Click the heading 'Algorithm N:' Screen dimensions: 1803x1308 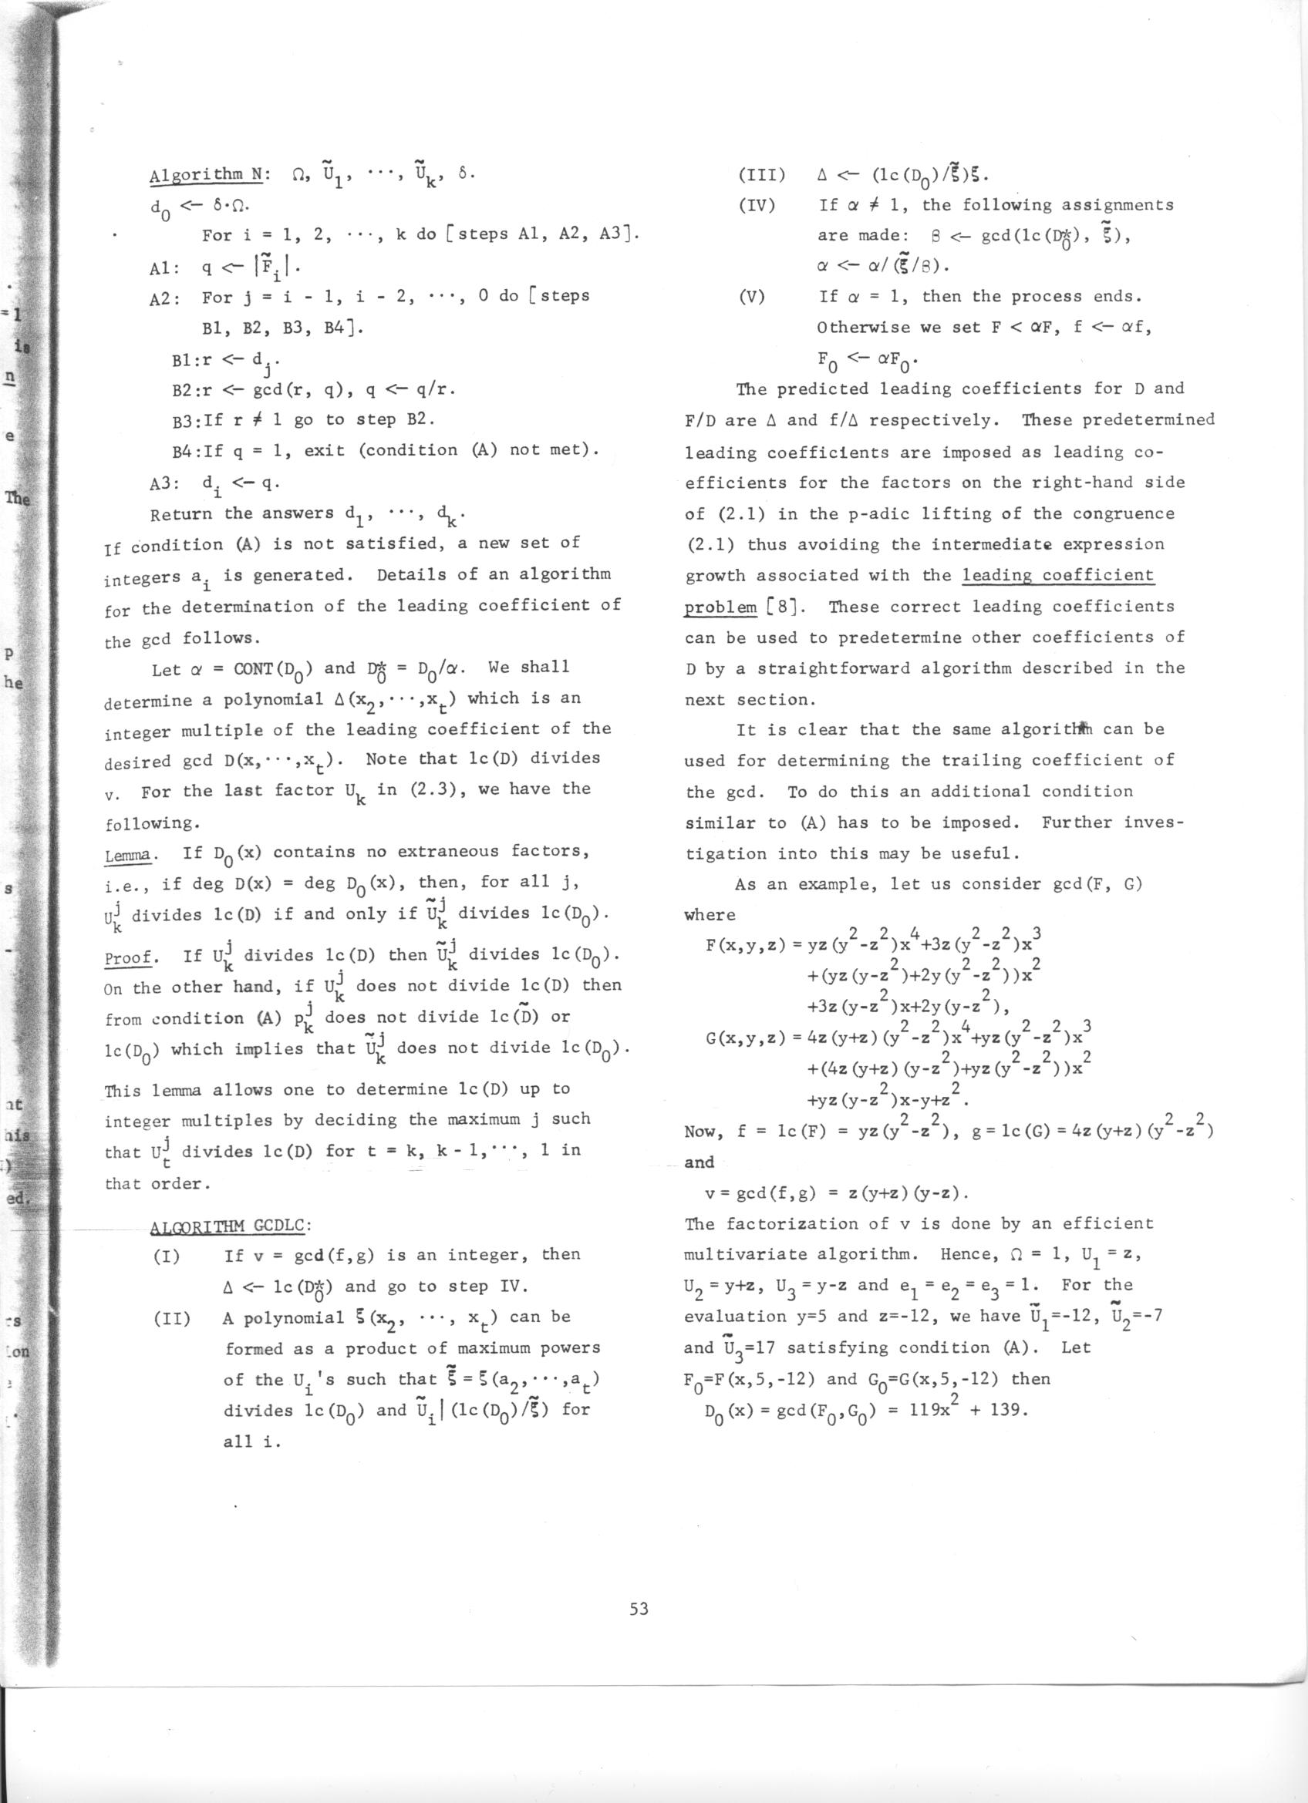[x=205, y=174]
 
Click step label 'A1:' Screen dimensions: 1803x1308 [x=163, y=268]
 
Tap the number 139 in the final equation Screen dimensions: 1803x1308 [x=1012, y=1411]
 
